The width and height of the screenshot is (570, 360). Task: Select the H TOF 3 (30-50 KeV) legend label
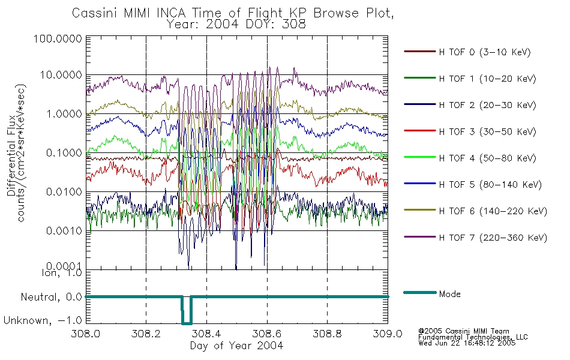tap(487, 131)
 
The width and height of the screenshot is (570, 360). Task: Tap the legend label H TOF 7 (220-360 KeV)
tap(493, 238)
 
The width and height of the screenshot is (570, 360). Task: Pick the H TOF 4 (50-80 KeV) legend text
tap(487, 158)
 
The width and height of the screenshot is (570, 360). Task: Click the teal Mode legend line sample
tap(420, 292)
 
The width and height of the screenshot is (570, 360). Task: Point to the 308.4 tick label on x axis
tap(206, 334)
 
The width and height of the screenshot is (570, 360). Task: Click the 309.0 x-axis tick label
tap(388, 334)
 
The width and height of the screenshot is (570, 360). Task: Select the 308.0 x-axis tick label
tap(85, 334)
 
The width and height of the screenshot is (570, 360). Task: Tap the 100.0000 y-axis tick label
tap(58, 38)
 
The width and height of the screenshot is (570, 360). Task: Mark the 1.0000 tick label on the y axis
tap(64, 114)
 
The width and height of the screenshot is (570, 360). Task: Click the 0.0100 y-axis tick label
tap(64, 191)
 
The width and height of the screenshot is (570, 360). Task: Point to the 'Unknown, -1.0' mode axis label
tap(43, 320)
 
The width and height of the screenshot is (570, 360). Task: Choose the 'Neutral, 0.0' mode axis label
tap(52, 297)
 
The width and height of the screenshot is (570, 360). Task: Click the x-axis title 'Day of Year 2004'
tap(236, 346)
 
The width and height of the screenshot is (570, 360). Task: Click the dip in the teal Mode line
tap(187, 323)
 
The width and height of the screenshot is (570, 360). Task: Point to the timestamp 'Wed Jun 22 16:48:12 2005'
tap(467, 343)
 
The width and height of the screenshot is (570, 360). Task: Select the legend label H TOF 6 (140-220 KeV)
tap(493, 211)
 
